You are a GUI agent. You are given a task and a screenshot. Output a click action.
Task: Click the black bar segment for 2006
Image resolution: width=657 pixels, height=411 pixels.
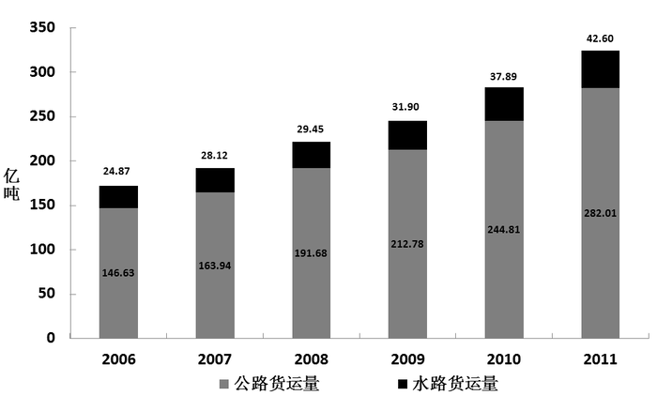pyautogui.click(x=118, y=196)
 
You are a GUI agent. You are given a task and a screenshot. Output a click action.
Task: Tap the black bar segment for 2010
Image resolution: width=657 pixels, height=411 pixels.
pyautogui.click(x=504, y=103)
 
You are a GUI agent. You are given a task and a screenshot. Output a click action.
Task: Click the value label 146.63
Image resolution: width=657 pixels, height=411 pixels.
pyautogui.click(x=118, y=272)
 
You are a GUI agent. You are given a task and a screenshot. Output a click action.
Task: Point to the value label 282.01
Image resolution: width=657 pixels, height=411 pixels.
pyautogui.click(x=600, y=213)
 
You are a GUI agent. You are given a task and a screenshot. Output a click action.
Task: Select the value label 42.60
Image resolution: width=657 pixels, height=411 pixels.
pyautogui.click(x=600, y=38)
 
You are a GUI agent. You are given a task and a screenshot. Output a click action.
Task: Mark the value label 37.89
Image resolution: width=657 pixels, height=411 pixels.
pyautogui.click(x=504, y=76)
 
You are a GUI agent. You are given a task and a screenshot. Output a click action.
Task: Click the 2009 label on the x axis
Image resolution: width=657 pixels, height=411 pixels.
pyautogui.click(x=407, y=359)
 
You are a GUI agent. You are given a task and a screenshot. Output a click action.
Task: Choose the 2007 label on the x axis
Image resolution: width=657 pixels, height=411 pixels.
pyautogui.click(x=215, y=359)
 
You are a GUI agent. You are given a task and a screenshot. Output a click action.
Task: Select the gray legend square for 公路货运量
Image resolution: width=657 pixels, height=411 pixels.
pyautogui.click(x=222, y=384)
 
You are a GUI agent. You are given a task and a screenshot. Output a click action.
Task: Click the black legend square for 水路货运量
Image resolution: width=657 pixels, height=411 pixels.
pyautogui.click(x=403, y=384)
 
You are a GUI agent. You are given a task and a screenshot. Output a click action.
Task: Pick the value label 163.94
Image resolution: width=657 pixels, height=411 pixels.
pyautogui.click(x=215, y=266)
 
